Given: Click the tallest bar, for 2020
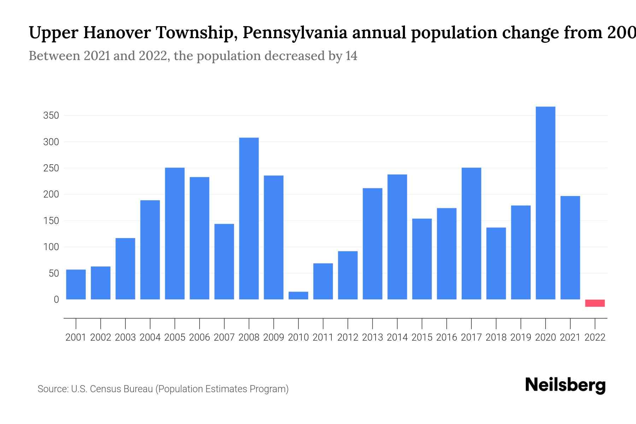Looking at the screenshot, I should coord(546,203).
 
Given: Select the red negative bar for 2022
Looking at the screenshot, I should coord(595,303).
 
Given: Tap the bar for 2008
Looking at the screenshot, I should coord(249,218).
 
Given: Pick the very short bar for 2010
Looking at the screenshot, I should coord(298,296).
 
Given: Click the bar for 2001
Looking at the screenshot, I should coord(76,284).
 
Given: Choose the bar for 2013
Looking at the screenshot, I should coord(372,244).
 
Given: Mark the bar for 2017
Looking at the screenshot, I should coord(471,233).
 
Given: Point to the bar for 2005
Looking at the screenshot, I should coord(175,233).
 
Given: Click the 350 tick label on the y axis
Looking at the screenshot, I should coord(51,116).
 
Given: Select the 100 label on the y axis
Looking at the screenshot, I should coord(51,247).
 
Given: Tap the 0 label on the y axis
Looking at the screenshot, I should coord(56,300).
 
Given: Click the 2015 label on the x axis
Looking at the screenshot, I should coord(422,337).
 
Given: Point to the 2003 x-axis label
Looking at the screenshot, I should coord(125,337).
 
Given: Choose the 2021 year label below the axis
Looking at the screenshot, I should coord(570,337).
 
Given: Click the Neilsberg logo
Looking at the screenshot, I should coord(565,385).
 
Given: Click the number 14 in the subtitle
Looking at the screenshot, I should coord(351,56).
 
